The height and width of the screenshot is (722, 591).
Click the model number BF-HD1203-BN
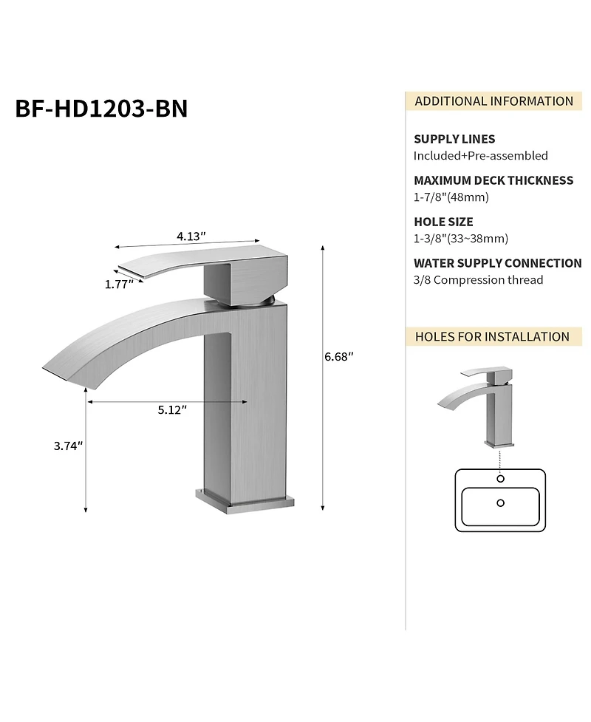(x=101, y=108)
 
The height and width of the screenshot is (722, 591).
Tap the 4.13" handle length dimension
(x=191, y=236)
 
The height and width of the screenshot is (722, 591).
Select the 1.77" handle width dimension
(x=117, y=283)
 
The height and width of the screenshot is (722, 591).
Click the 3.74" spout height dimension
(x=67, y=446)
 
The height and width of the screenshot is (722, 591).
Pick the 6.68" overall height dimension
(x=339, y=357)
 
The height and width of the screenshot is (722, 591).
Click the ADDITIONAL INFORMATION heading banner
(x=493, y=101)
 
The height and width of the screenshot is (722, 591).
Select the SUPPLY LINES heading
(x=454, y=139)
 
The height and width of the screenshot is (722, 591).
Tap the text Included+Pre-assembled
(x=480, y=155)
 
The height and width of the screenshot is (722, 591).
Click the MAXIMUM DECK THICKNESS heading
(x=493, y=180)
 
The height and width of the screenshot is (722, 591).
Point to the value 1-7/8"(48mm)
(x=451, y=197)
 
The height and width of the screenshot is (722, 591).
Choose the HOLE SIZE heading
(x=443, y=222)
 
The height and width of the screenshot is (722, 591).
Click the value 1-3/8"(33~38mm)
(x=460, y=238)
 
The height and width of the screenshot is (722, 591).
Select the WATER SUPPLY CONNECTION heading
(x=497, y=263)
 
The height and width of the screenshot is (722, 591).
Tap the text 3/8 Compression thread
(x=478, y=279)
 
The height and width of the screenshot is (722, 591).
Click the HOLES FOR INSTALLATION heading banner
(x=492, y=336)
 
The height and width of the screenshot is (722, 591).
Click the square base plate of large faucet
(x=244, y=500)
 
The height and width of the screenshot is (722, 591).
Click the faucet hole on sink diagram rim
(x=501, y=479)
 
